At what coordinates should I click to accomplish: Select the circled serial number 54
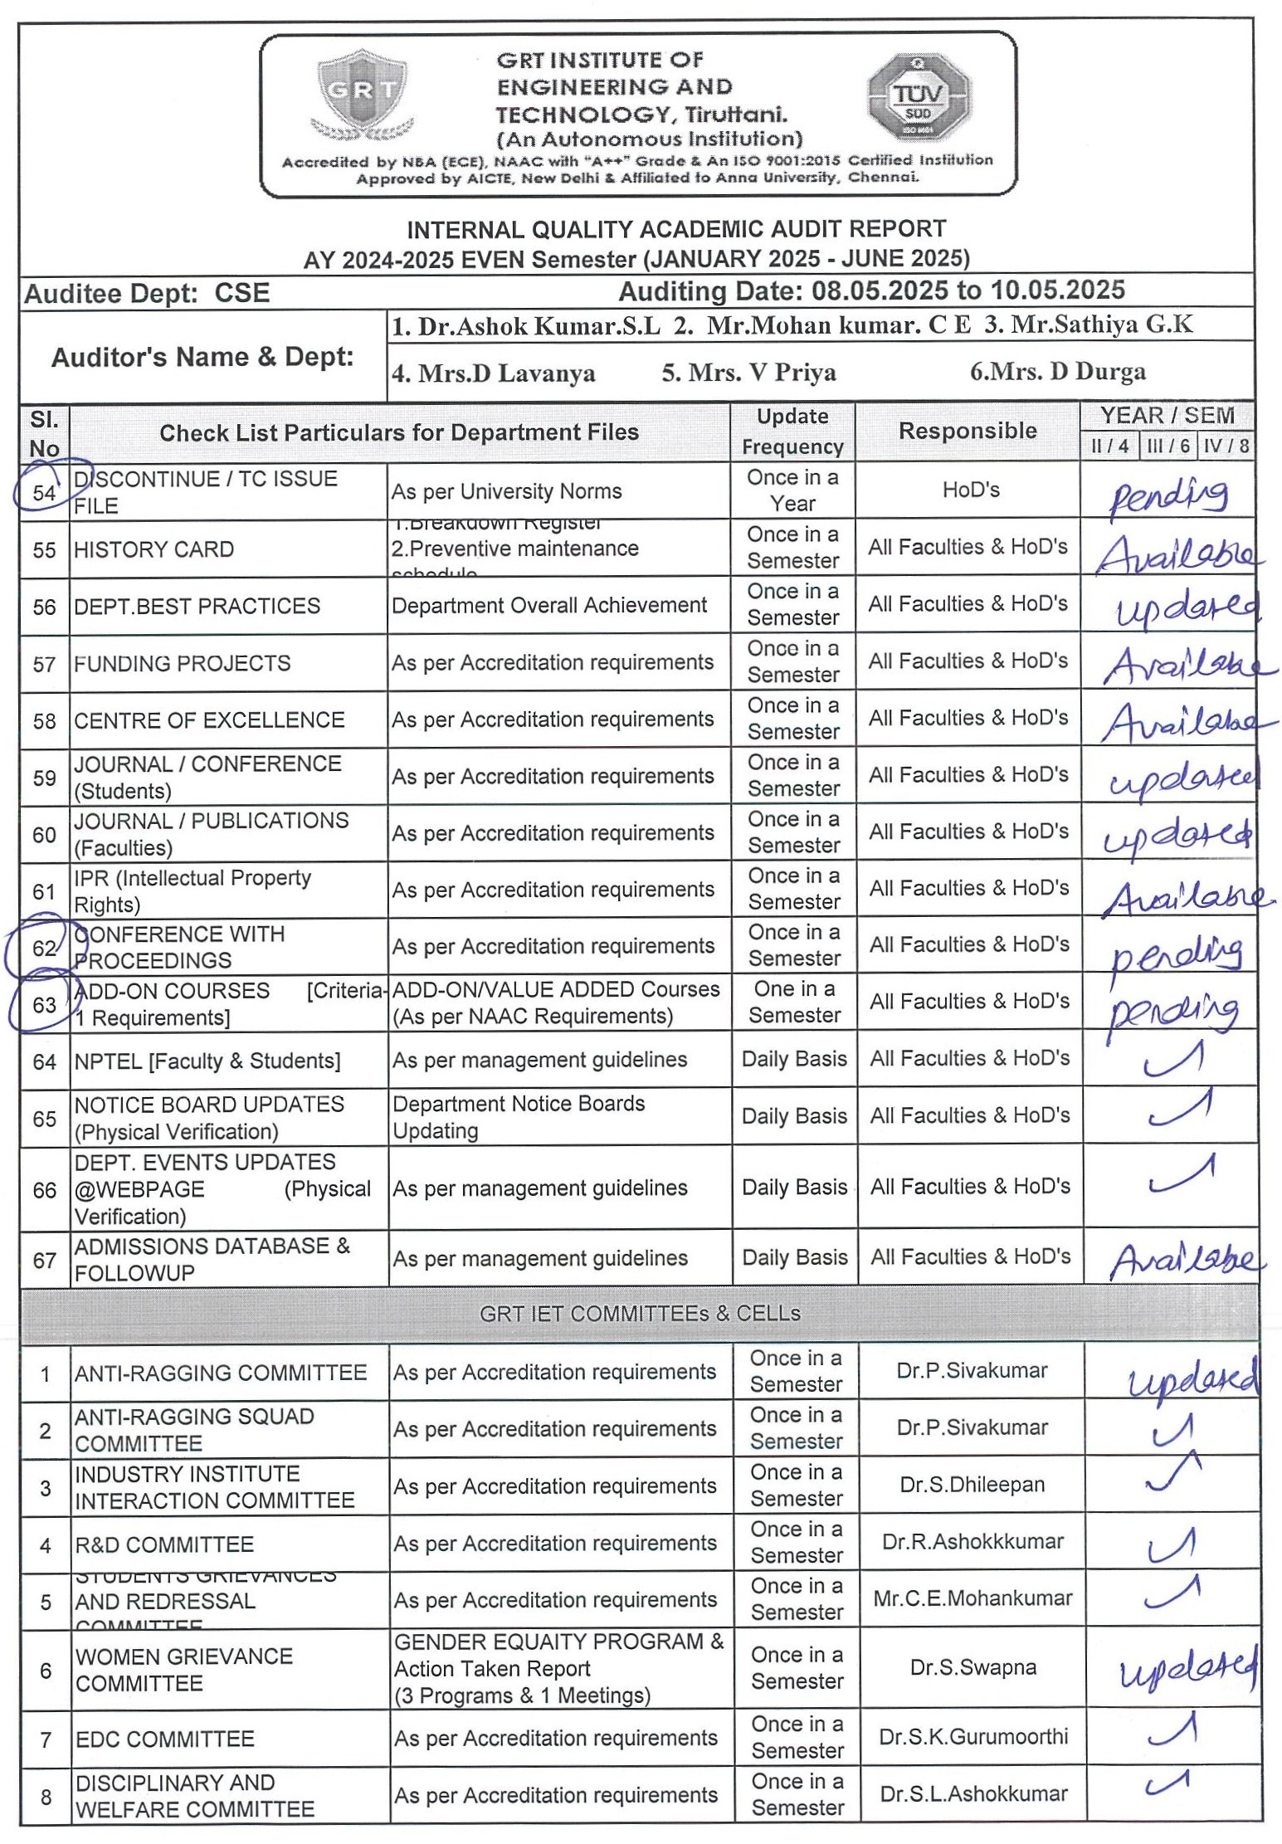pyautogui.click(x=44, y=492)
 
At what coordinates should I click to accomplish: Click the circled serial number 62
pyautogui.click(x=44, y=948)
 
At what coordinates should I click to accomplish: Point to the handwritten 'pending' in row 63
pyautogui.click(x=1172, y=1011)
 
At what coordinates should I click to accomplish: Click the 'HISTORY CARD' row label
pyautogui.click(x=154, y=549)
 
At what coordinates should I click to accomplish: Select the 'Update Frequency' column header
pyautogui.click(x=792, y=432)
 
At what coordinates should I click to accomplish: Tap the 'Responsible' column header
pyautogui.click(x=968, y=431)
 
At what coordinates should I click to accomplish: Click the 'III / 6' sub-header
pyautogui.click(x=1167, y=446)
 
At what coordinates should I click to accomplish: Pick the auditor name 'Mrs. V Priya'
pyautogui.click(x=748, y=373)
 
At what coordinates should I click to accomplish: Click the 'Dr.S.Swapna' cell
pyautogui.click(x=972, y=1667)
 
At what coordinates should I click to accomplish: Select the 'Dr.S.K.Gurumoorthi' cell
pyautogui.click(x=973, y=1737)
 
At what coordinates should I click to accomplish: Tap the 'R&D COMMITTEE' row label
pyautogui.click(x=164, y=1545)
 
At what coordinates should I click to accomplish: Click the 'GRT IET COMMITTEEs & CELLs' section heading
pyautogui.click(x=640, y=1314)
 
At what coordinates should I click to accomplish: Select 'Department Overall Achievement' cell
pyautogui.click(x=549, y=606)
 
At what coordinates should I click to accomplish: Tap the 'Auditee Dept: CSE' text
pyautogui.click(x=147, y=294)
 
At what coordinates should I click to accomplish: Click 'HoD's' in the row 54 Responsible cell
pyautogui.click(x=971, y=490)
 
